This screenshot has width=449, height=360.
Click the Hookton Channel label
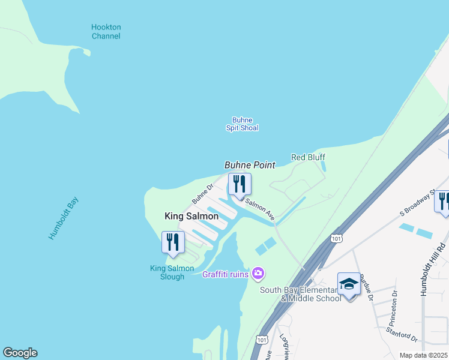[106, 32]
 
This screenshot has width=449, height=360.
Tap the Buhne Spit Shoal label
[242, 124]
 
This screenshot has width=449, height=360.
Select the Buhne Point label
[250, 165]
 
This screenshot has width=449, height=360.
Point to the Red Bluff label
[308, 157]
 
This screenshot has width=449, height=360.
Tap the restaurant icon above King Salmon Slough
[173, 241]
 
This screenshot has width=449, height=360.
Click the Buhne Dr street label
[203, 193]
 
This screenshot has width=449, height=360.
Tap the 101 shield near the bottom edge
[261, 340]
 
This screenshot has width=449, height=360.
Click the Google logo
[20, 353]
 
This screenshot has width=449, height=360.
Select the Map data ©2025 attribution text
[423, 355]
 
